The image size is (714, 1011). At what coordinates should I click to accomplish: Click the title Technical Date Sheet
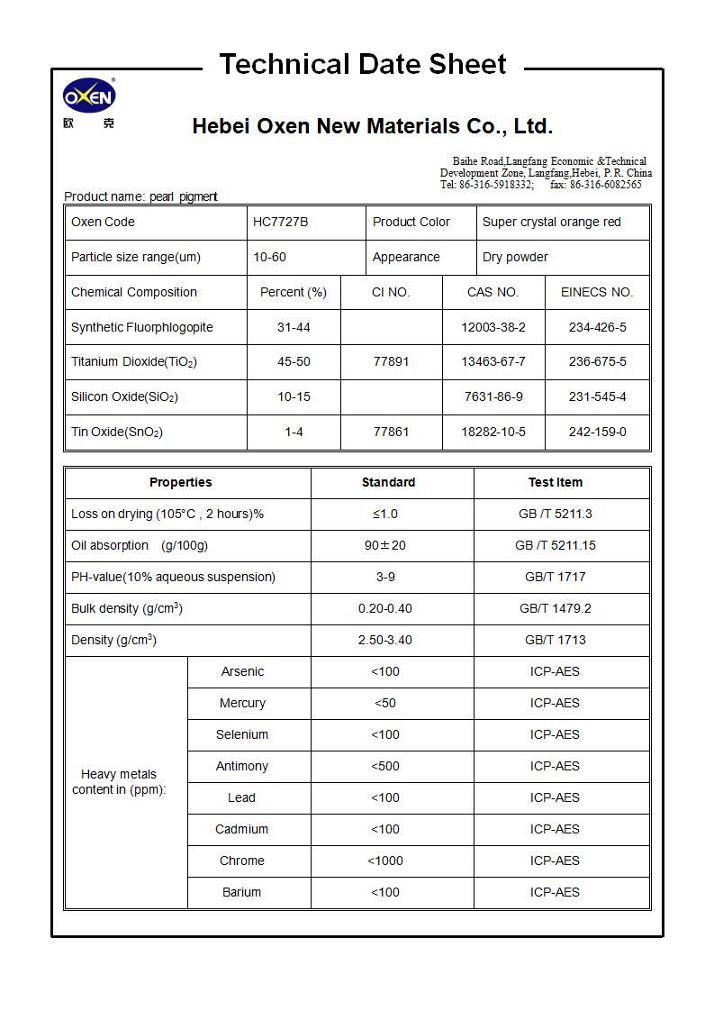pos(363,64)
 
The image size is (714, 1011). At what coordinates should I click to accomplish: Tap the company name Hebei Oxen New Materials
pos(372,126)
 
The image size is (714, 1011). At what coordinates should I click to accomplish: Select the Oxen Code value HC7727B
pos(280,222)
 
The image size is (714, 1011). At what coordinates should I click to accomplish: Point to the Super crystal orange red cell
pos(551,222)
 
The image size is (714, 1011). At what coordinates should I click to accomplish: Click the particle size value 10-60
pos(269,257)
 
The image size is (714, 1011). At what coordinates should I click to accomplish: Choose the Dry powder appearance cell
pos(515,257)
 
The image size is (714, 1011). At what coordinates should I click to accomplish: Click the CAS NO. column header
pos(493,292)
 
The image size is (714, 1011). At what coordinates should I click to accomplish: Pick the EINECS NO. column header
pos(597,292)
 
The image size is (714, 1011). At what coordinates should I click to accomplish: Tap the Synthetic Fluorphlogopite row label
pos(141,327)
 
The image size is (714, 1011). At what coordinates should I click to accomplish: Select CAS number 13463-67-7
pos(493,361)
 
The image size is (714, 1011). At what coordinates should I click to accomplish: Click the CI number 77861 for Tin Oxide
pos(391,432)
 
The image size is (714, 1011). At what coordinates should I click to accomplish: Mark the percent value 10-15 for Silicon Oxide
pos(294,396)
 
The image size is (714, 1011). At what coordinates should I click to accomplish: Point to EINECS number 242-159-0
pos(597,432)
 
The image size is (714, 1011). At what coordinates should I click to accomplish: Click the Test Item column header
pos(555,482)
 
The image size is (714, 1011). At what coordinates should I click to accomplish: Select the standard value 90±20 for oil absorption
pos(384,545)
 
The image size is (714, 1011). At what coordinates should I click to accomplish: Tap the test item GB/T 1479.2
pos(555,608)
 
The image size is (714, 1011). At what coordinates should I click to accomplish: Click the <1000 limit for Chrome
pos(384,861)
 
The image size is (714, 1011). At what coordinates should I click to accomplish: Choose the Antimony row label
pos(241,766)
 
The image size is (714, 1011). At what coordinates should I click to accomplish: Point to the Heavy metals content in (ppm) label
pos(119,781)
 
